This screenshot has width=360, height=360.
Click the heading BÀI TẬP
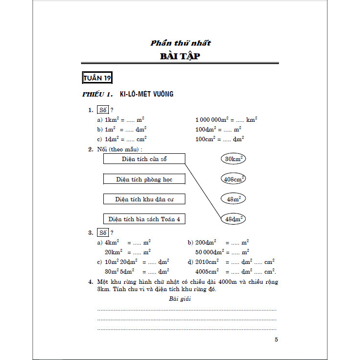coord(180,56)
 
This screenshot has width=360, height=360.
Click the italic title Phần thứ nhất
coord(180,43)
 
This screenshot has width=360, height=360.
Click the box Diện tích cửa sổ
coord(144,159)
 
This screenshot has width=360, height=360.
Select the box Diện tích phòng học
coord(144,179)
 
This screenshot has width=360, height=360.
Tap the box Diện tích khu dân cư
coord(144,199)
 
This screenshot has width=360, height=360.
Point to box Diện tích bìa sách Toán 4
coord(144,219)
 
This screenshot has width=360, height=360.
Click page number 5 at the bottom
coord(276,340)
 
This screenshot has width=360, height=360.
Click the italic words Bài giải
coord(180,299)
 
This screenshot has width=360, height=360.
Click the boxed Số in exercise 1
coord(102,110)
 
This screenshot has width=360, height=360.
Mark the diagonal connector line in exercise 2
coord(204,189)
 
